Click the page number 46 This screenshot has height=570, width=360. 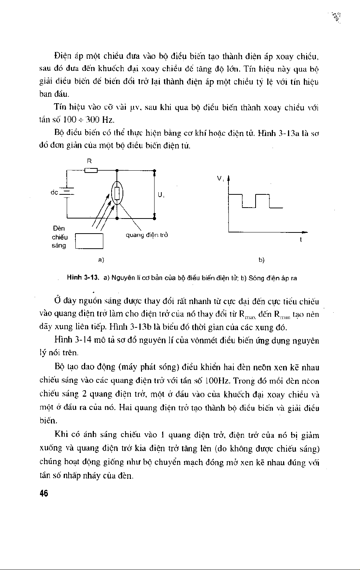pyautogui.click(x=44, y=494)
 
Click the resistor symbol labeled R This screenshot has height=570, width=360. pyautogui.click(x=91, y=170)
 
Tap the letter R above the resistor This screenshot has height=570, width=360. pyautogui.click(x=89, y=160)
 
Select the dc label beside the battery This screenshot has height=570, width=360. pyautogui.click(x=54, y=193)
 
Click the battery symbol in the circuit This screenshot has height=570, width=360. pyautogui.click(x=67, y=193)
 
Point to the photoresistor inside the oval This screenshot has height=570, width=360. pyautogui.click(x=117, y=193)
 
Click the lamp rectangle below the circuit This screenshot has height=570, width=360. pyautogui.click(x=89, y=241)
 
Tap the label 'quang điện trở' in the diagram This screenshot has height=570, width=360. pyautogui.click(x=147, y=235)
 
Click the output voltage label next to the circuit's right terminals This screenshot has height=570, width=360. pyautogui.click(x=161, y=195)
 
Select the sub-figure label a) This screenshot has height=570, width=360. pyautogui.click(x=101, y=260)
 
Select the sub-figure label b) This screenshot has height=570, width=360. pyautogui.click(x=262, y=260)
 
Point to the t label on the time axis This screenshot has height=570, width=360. pyautogui.click(x=300, y=240)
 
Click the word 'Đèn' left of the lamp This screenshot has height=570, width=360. pyautogui.click(x=59, y=228)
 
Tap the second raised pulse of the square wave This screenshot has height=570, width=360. pyautogui.click(x=263, y=195)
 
